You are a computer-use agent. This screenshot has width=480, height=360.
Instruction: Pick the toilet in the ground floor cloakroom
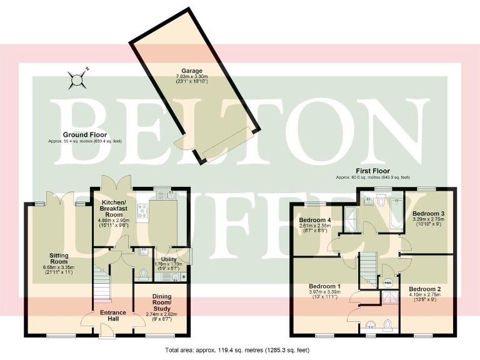click(x=144, y=273)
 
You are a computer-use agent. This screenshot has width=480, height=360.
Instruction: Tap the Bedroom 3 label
click(x=428, y=214)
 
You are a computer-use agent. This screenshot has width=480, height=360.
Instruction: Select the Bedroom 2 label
click(x=425, y=289)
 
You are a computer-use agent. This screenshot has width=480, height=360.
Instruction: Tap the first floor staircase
click(x=368, y=266)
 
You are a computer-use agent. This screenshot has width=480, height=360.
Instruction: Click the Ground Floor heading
click(x=84, y=134)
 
